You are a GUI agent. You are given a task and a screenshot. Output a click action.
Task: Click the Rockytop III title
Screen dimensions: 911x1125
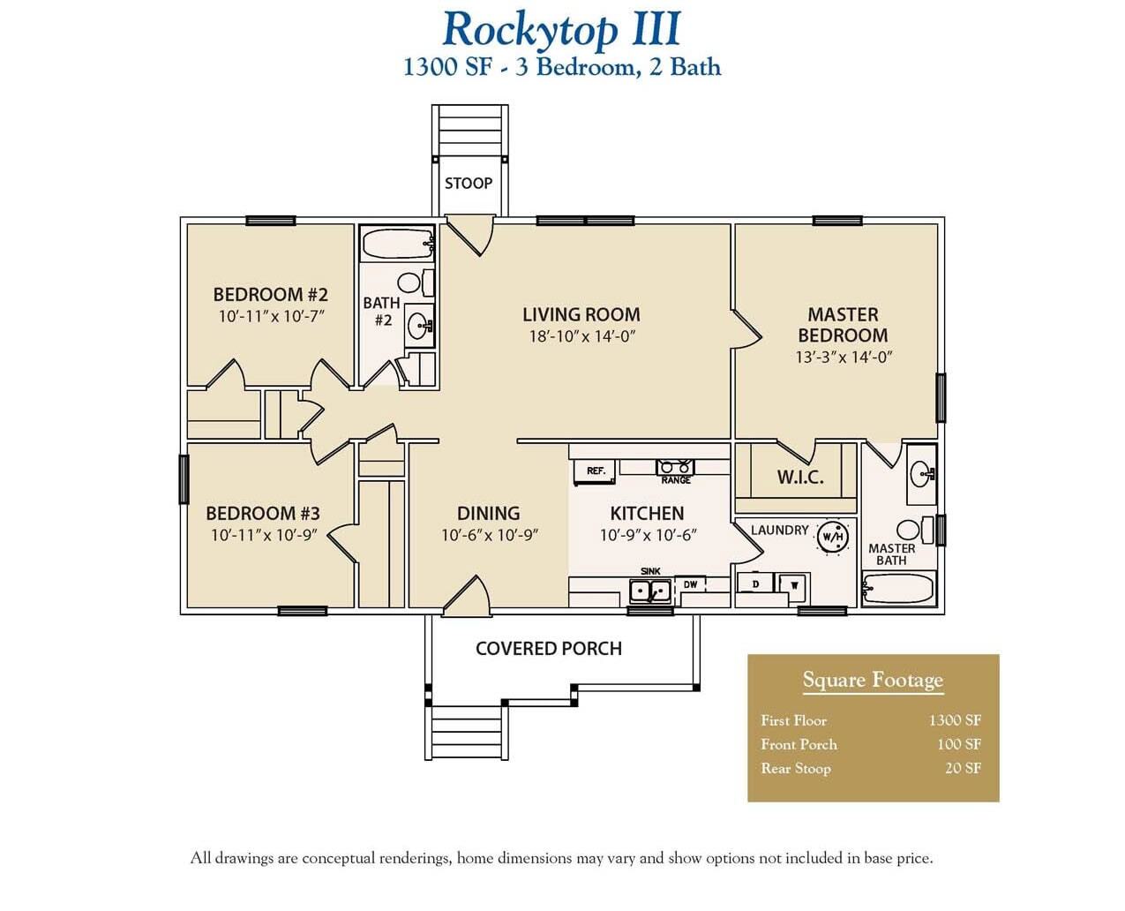point(561,29)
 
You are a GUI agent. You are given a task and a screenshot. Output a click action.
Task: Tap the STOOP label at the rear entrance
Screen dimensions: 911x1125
point(468,183)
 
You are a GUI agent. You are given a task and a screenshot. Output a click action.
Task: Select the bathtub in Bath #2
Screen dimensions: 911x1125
point(396,245)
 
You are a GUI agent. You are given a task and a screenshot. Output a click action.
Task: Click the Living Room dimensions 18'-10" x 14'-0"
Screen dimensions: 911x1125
point(581,336)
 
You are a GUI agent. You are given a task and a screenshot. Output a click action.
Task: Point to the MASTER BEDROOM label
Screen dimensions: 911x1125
point(843,325)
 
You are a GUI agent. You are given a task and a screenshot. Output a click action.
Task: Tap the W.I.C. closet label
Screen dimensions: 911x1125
point(799,478)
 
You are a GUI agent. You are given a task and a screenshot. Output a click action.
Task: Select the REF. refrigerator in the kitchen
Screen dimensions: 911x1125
point(596,471)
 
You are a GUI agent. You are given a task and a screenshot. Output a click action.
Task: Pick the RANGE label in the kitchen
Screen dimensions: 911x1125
point(676,480)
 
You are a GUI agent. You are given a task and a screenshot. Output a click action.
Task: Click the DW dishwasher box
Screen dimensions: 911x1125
point(690,584)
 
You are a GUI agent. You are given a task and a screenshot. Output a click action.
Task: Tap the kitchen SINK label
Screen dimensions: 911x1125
point(649,571)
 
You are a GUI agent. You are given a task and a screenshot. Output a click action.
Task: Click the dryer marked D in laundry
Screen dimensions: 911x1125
point(755,584)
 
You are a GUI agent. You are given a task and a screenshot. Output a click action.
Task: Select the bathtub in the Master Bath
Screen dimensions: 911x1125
point(897,589)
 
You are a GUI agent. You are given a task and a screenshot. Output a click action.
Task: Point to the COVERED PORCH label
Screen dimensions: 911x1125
point(548,649)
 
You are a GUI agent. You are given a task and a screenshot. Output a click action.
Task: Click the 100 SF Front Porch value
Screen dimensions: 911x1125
point(959,744)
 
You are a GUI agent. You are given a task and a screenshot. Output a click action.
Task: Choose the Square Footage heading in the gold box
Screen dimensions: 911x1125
point(873,680)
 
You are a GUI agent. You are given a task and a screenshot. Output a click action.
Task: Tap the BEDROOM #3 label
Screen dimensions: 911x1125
point(263,513)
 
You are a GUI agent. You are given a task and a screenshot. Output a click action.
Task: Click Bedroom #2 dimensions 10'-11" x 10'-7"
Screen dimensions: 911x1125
point(273,316)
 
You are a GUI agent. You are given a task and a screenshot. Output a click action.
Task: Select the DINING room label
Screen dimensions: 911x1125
point(488,513)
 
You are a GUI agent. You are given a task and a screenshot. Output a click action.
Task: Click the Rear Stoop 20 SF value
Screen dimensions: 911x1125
point(963,768)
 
